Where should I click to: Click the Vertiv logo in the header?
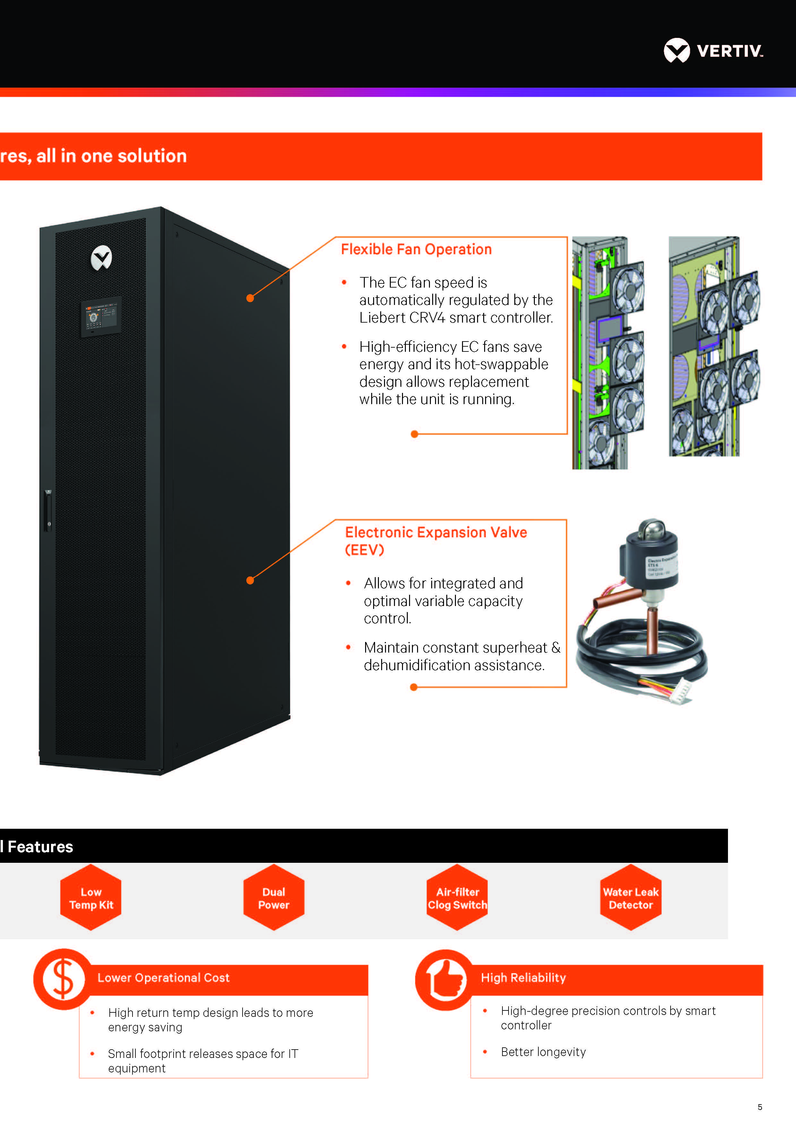[x=713, y=50]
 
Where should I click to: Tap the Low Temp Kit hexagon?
[x=91, y=898]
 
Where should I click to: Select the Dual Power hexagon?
[x=273, y=898]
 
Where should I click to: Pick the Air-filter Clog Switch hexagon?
[x=457, y=898]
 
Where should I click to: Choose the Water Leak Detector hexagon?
[x=630, y=898]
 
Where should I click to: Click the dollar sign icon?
[x=63, y=979]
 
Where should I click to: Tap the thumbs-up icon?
[x=445, y=979]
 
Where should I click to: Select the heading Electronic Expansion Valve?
[x=436, y=533]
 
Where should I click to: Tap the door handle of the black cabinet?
[x=48, y=510]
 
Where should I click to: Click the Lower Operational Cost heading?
[x=163, y=978]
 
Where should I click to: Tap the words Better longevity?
[x=543, y=1052]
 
